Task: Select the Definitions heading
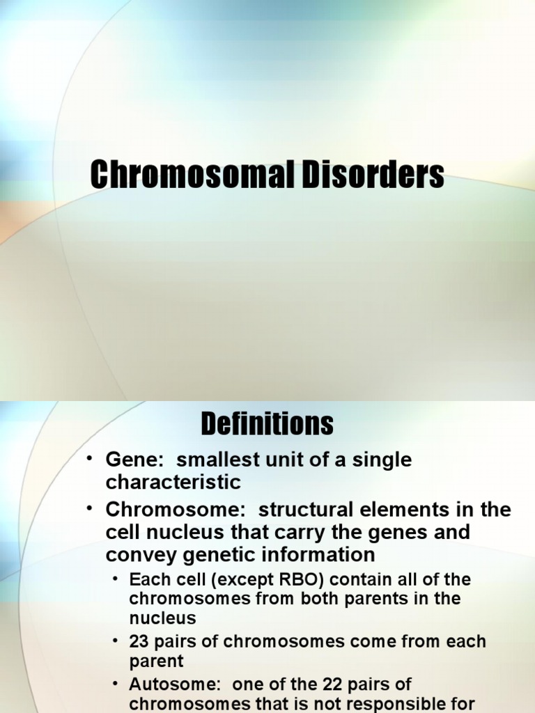[x=267, y=423]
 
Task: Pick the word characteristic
[x=173, y=482]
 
